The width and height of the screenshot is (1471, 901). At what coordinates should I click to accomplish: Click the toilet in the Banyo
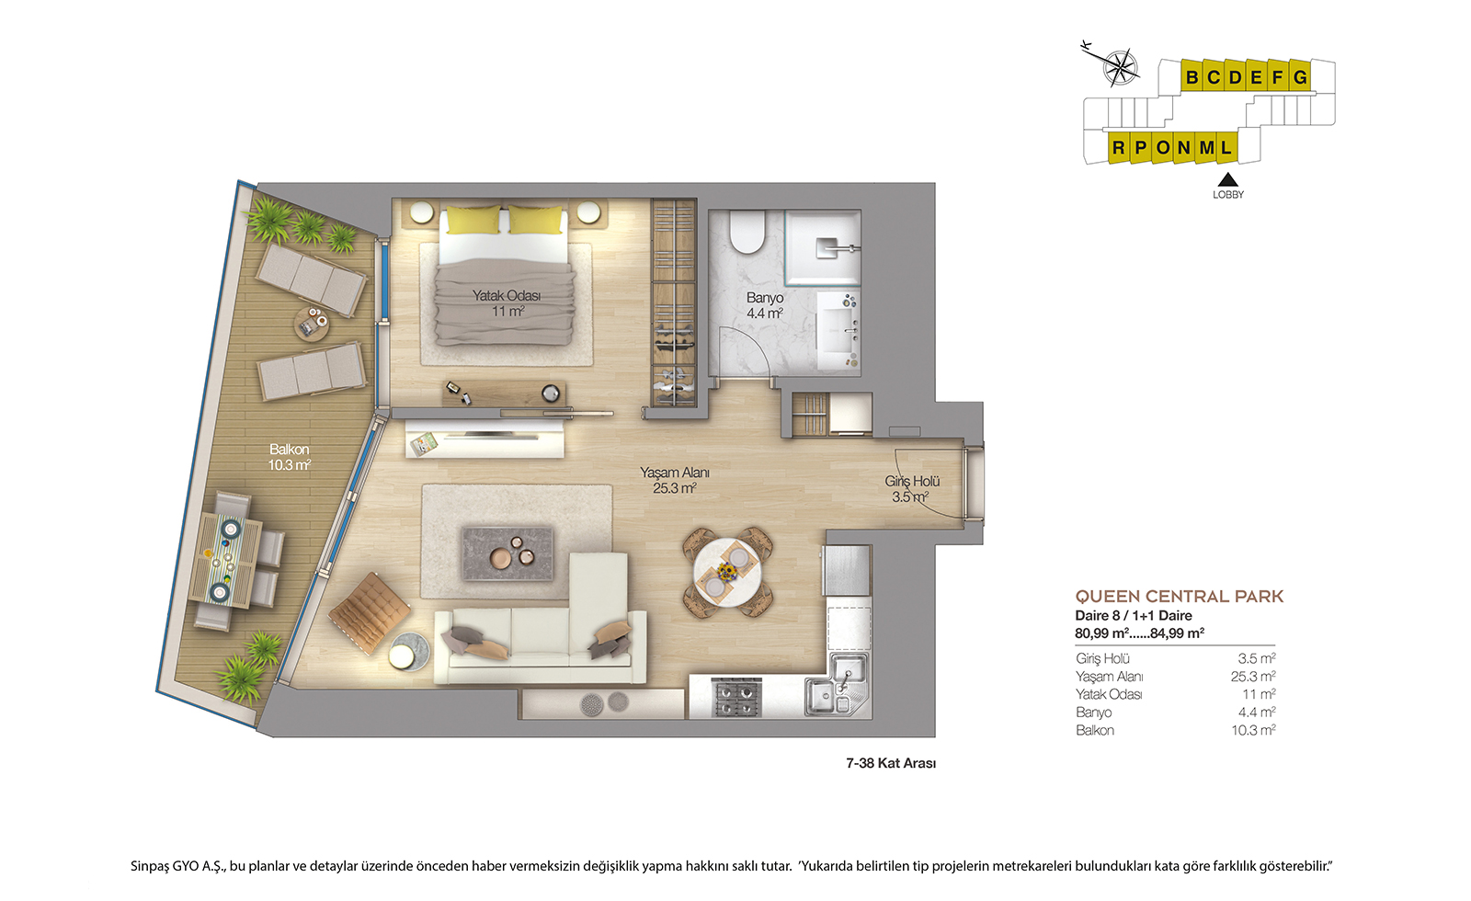[x=747, y=231]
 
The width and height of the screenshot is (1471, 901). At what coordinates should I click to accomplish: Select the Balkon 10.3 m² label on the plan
[x=289, y=457]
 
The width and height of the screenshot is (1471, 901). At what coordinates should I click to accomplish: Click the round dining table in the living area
[x=727, y=571]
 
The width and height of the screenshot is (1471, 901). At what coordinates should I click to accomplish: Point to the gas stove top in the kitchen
[x=735, y=696]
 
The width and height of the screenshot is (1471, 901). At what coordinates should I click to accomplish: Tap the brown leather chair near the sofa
[x=369, y=612]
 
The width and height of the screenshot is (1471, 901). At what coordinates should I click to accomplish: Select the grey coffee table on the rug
[x=507, y=553]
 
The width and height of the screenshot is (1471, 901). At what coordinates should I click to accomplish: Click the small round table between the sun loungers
[x=312, y=323]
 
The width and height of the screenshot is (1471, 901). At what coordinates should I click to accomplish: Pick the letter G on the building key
[x=1300, y=77]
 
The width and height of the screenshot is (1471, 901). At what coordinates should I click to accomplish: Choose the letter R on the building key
[x=1118, y=148]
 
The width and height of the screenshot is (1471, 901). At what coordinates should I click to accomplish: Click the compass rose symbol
[x=1120, y=67]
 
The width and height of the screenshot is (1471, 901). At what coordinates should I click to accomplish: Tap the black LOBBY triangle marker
[x=1227, y=180]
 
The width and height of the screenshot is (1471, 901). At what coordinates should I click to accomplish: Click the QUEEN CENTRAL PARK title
[x=1179, y=597]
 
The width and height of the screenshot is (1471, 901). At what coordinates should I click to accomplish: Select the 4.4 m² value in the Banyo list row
[x=1256, y=712]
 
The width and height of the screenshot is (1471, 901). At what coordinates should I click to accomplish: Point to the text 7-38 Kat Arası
[x=891, y=763]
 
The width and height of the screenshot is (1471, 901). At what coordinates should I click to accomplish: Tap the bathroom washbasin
[x=838, y=331]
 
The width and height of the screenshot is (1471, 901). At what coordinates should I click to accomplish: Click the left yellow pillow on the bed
[x=473, y=220]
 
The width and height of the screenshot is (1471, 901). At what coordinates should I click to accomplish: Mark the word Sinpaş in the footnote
[x=150, y=866]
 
